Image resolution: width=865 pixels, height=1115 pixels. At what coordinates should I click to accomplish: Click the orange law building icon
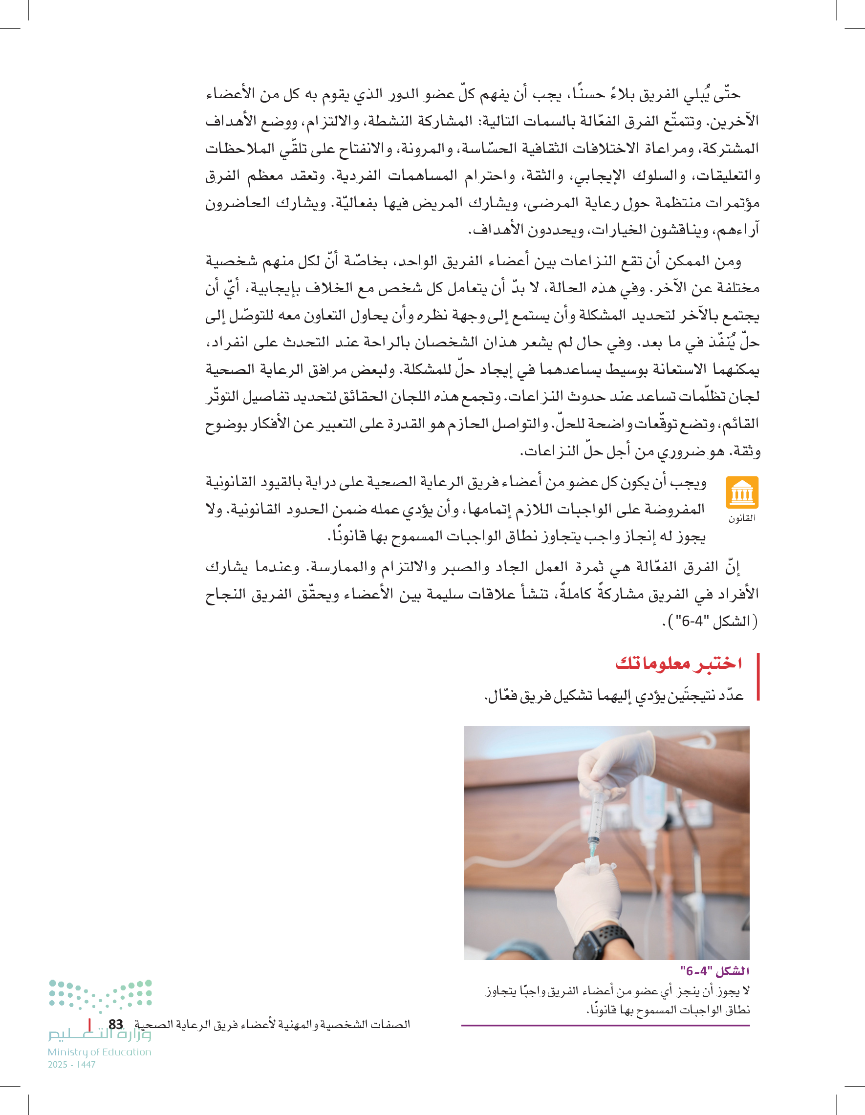click(x=741, y=492)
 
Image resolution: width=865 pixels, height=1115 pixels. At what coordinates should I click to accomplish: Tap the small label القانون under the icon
click(x=741, y=518)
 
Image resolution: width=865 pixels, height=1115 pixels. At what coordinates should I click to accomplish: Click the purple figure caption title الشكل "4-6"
click(x=715, y=970)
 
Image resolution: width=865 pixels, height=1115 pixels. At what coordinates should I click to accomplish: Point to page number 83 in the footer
click(x=116, y=1025)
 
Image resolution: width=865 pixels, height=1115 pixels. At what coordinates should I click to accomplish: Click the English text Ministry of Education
click(x=100, y=1052)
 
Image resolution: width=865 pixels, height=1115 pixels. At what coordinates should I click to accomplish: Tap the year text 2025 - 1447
click(x=72, y=1065)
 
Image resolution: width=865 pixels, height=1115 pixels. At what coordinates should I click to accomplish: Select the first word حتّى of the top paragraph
click(x=727, y=94)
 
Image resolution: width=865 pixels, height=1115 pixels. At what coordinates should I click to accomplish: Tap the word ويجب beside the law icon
click(x=692, y=482)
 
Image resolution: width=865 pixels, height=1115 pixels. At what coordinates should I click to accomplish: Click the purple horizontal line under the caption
click(x=605, y=1025)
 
